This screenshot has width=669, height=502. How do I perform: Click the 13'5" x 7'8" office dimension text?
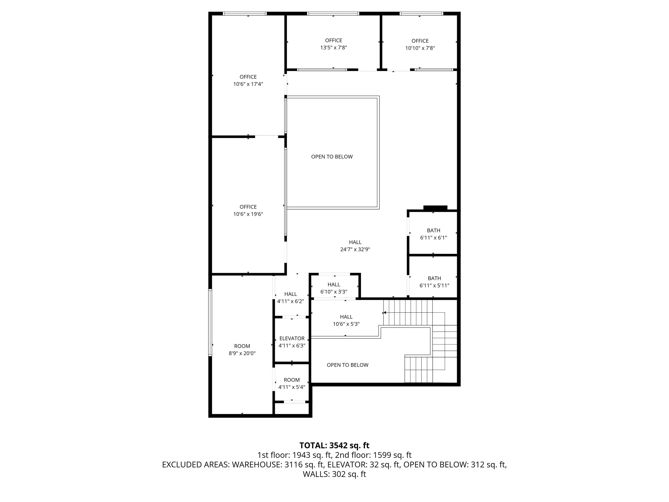point(334,47)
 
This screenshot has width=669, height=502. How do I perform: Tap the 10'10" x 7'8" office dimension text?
point(420,48)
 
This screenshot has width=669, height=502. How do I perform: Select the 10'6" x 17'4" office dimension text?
point(248,84)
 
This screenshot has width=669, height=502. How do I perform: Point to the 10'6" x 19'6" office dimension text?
point(248,214)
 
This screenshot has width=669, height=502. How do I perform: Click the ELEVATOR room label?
point(292,338)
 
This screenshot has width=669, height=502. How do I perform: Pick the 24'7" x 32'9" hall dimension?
point(355,249)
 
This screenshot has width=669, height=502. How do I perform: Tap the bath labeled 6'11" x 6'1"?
point(434,234)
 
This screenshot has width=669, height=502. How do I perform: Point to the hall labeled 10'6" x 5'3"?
point(346,320)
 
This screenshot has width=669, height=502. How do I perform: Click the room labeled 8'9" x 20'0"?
point(242,349)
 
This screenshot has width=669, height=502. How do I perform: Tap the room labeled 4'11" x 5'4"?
point(292,383)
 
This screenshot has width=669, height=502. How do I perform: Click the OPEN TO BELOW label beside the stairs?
point(348,365)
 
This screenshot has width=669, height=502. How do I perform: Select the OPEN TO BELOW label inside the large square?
point(332,156)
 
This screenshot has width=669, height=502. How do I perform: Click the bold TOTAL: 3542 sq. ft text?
point(334,446)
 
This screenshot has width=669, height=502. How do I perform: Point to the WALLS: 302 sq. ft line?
point(334,474)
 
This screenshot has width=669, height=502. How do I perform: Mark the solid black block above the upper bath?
point(435,208)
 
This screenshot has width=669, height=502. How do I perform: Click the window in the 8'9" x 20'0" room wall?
point(210,322)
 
